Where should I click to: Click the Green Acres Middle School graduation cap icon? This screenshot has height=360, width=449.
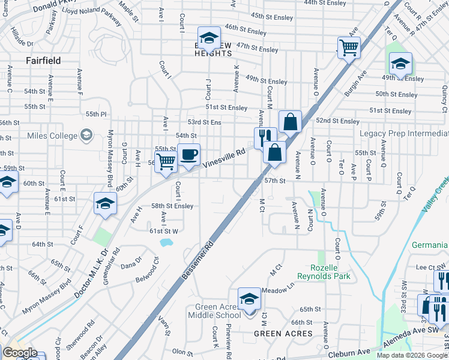tap(249, 298)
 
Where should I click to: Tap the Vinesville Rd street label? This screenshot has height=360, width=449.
tap(224, 158)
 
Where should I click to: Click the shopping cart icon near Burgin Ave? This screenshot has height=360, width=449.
tap(349, 47)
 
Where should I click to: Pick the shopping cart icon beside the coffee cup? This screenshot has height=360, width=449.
tap(166, 160)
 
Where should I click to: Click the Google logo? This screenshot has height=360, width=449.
tap(20, 353)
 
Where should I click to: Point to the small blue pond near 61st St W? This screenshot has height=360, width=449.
tap(166, 242)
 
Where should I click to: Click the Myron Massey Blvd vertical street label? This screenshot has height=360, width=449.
tap(110, 158)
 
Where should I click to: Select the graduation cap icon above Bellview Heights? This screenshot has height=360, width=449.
tap(208, 38)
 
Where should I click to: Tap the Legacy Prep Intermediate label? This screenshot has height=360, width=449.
tap(404, 133)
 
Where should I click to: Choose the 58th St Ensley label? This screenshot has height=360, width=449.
tap(172, 206)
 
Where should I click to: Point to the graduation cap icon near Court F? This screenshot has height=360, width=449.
tap(104, 203)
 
